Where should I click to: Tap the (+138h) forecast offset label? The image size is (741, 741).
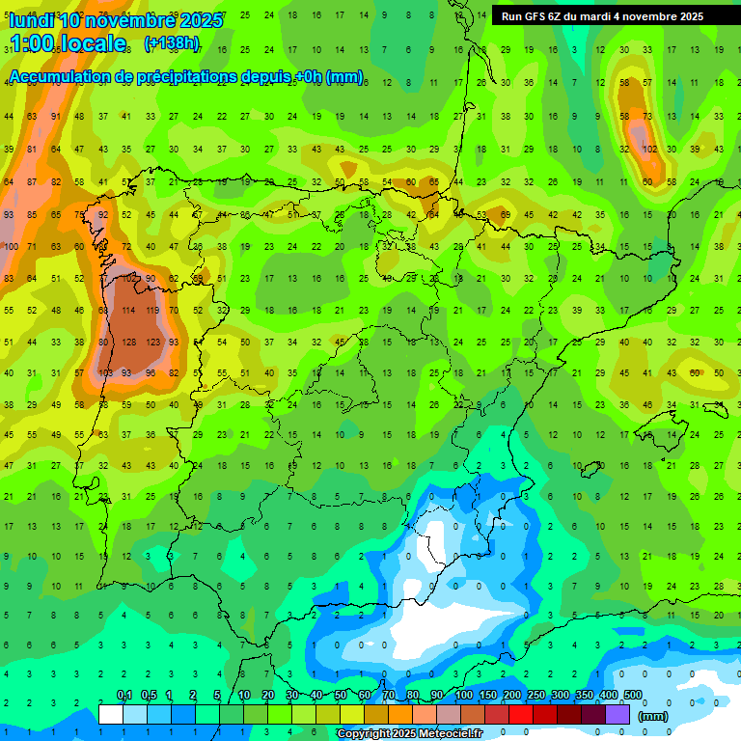tap(172, 43)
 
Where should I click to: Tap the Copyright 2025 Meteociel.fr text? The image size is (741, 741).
tap(409, 734)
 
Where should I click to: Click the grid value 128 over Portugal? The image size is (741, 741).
tap(128, 342)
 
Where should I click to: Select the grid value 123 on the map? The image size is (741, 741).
tap(151, 342)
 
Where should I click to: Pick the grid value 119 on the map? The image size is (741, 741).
tap(151, 311)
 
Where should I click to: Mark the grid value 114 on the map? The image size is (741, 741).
tap(128, 311)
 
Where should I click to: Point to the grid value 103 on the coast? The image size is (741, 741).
tap(105, 372)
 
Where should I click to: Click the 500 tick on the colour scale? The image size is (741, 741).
tap(632, 695)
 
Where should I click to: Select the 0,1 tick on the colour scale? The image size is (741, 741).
tap(124, 695)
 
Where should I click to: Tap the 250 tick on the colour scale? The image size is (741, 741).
tap(535, 695)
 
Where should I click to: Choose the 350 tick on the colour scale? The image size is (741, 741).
tap(584, 695)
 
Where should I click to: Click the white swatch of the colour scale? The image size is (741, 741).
tap(111, 714)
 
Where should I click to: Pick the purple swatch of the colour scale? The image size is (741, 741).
tap(619, 714)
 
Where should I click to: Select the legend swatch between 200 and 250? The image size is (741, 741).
tap(523, 714)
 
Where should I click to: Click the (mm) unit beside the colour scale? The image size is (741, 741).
tap(654, 716)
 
